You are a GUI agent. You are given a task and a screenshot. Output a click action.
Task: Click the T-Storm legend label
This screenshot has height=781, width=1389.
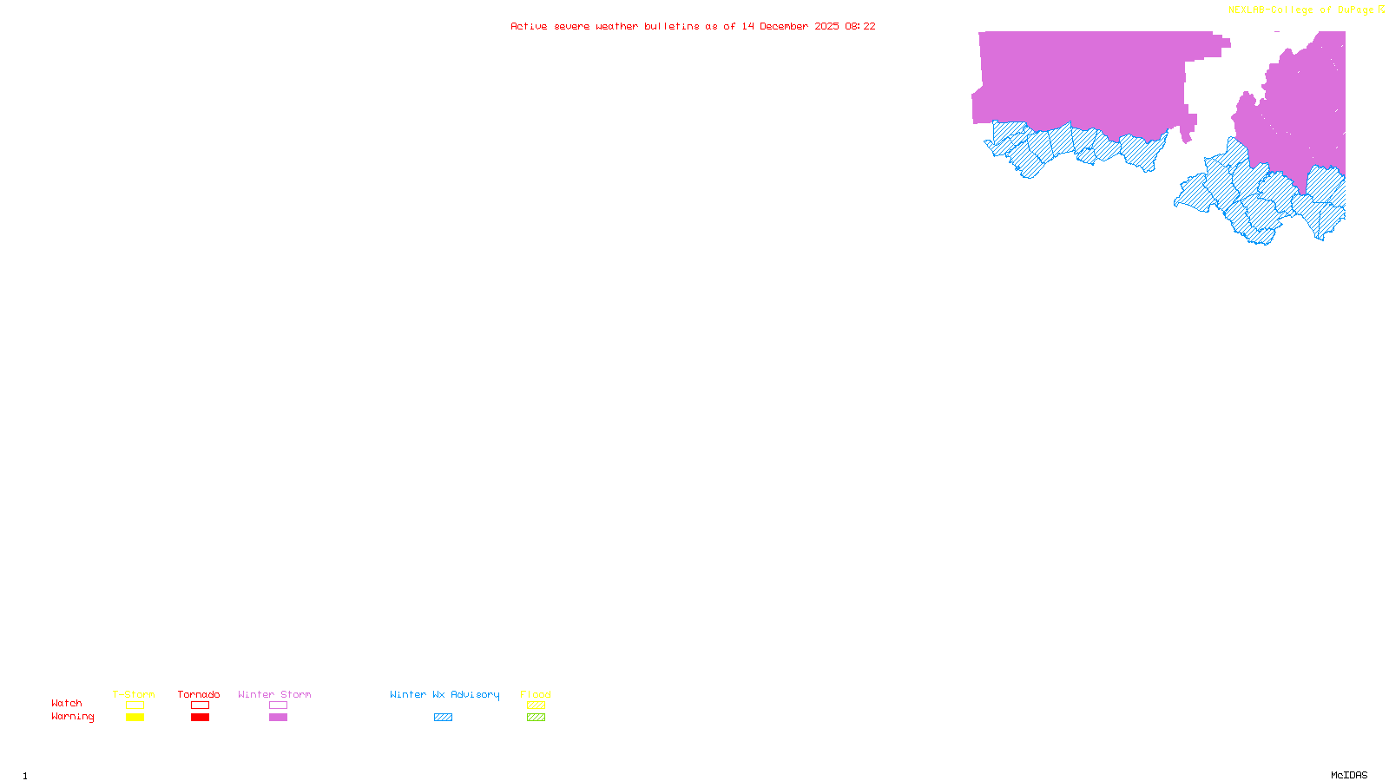tap(134, 694)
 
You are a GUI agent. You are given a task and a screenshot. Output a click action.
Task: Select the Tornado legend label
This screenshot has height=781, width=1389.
tap(199, 694)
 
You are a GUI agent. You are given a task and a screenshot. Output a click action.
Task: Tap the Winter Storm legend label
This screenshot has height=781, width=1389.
tap(274, 694)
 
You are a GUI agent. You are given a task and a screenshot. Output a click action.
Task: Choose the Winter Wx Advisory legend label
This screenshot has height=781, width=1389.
tap(444, 694)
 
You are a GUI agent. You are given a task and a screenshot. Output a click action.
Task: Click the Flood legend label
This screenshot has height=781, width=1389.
tap(536, 694)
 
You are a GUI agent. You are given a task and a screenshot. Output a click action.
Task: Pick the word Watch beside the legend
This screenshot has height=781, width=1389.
tap(67, 703)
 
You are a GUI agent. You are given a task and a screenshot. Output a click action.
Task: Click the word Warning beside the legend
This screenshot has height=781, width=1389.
tap(73, 717)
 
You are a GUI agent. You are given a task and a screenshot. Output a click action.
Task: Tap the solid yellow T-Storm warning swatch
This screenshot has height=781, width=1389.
tap(135, 718)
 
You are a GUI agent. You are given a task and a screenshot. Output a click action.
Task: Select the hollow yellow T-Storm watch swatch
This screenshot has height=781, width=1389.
tap(135, 706)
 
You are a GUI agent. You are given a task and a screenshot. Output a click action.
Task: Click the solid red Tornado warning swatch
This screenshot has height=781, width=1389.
tap(201, 718)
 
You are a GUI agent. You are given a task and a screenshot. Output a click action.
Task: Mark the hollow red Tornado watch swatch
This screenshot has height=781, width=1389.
tap(201, 706)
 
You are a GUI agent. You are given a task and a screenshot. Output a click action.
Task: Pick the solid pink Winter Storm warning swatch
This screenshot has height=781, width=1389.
tap(278, 718)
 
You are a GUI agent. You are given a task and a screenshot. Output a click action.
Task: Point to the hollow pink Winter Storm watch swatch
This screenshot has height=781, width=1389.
tap(278, 706)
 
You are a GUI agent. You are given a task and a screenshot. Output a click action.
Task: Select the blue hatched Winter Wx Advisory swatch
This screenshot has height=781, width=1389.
tap(443, 718)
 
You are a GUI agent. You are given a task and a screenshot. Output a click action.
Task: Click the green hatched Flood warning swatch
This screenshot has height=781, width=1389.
tap(537, 718)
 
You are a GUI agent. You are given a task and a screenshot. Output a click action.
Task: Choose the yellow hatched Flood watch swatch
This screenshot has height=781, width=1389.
tap(537, 706)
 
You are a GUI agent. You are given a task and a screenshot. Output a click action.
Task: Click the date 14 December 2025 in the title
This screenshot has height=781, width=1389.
tap(790, 26)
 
